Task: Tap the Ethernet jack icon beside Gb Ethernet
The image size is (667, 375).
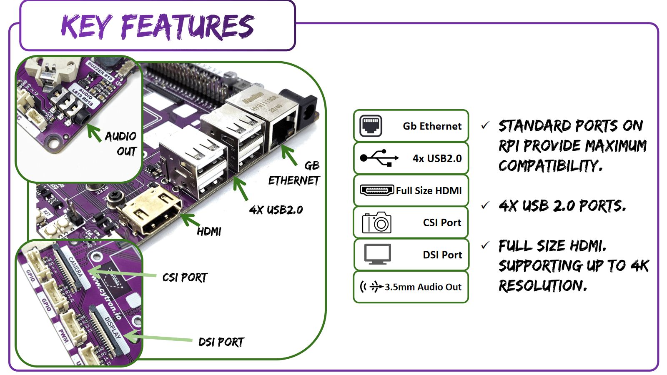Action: (x=371, y=126)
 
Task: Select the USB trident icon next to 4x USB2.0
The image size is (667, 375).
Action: (x=379, y=158)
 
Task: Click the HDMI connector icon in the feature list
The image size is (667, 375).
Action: (x=376, y=190)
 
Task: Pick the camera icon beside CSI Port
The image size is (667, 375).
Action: (x=376, y=222)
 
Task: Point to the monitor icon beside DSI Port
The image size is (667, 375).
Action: (x=377, y=255)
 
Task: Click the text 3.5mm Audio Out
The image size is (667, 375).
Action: (x=423, y=287)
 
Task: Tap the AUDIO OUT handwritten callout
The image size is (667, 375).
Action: (x=121, y=143)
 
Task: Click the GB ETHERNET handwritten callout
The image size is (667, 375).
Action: (x=294, y=173)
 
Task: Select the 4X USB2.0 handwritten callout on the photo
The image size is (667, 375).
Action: (x=276, y=210)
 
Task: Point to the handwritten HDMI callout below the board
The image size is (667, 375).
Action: (x=209, y=231)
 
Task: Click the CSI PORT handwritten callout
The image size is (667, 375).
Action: (x=185, y=277)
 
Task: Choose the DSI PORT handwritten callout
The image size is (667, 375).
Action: (x=221, y=342)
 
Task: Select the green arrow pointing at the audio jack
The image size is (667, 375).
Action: (x=94, y=132)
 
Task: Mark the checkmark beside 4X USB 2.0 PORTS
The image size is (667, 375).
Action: (x=485, y=205)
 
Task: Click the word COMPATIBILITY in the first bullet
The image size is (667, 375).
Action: (x=550, y=166)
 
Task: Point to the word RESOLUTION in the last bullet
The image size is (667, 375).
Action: (x=542, y=286)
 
